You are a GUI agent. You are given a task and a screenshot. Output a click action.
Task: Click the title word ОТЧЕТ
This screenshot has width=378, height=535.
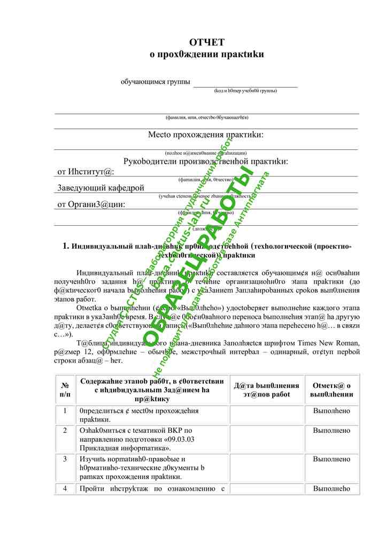point(207,42)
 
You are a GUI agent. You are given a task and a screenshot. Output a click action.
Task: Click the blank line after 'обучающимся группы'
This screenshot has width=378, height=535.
point(245,83)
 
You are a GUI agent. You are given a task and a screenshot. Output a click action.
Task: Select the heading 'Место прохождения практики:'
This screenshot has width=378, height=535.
point(206,135)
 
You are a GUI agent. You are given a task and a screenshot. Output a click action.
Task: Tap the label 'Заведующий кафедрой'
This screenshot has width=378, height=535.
point(101,188)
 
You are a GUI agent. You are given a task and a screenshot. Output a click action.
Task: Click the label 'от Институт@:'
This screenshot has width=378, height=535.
point(86,172)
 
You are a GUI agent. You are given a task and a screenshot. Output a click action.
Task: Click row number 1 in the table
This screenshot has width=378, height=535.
point(65,411)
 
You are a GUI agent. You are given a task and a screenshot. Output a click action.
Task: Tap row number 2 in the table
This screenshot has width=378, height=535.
point(65,430)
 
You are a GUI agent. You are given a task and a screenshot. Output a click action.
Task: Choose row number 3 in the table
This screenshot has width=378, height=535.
point(65,459)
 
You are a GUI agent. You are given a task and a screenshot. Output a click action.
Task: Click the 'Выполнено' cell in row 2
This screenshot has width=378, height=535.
point(331,430)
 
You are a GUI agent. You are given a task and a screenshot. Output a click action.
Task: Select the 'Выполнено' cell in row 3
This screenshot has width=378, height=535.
point(331,459)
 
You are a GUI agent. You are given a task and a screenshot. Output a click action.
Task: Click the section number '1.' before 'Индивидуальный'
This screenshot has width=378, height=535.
point(66,246)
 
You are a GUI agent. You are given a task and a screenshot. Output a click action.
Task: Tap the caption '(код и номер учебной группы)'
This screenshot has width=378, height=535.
point(245,90)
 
